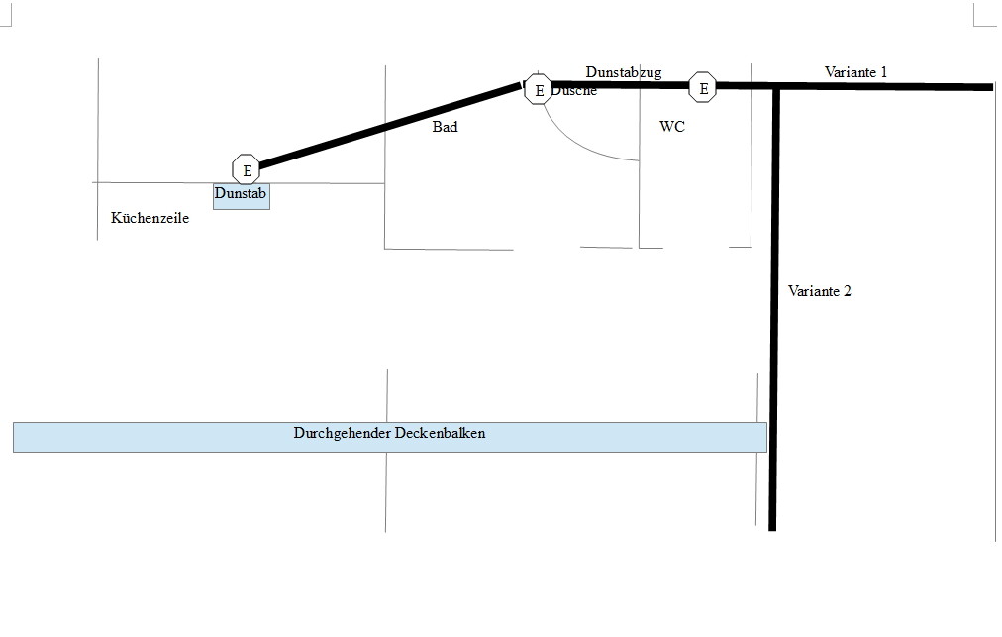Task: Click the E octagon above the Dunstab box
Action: pyautogui.click(x=247, y=169)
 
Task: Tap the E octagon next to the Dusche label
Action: pyautogui.click(x=539, y=90)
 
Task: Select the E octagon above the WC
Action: pyautogui.click(x=703, y=88)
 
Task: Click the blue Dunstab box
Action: pyautogui.click(x=242, y=195)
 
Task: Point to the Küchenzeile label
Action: pyautogui.click(x=150, y=219)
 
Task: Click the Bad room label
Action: pyautogui.click(x=446, y=128)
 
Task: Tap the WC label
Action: pyautogui.click(x=672, y=128)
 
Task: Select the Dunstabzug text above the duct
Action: pyautogui.click(x=624, y=72)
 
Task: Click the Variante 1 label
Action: pyautogui.click(x=856, y=71)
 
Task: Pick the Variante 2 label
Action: pyautogui.click(x=820, y=291)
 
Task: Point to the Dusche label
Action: pyautogui.click(x=575, y=91)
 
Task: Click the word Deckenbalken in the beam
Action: pyautogui.click(x=440, y=434)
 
